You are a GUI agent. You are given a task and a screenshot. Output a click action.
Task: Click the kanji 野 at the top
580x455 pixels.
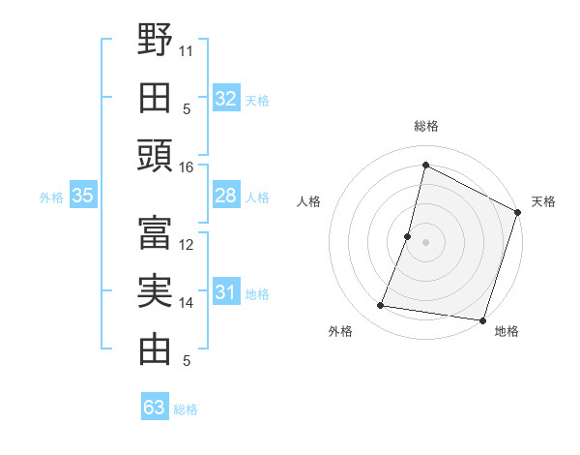tap(155, 41)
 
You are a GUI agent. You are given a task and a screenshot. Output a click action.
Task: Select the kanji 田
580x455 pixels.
tap(155, 98)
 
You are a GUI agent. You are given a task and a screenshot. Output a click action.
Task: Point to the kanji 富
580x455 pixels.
tap(155, 232)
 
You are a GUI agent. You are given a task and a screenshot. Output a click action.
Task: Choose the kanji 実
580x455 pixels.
tap(155, 291)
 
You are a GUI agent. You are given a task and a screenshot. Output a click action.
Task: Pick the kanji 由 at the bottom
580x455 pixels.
tap(155, 349)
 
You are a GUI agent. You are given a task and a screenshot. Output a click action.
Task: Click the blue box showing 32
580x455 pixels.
tap(225, 98)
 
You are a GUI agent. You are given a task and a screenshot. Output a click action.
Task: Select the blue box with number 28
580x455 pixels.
tap(225, 196)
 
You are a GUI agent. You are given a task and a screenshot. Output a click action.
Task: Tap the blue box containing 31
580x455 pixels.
tap(225, 292)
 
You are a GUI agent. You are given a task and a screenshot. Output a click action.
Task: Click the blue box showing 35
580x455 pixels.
tap(82, 196)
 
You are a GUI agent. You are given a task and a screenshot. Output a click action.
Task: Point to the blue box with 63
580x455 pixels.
tap(155, 408)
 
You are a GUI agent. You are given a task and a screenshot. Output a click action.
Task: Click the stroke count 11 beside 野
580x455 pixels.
tap(187, 49)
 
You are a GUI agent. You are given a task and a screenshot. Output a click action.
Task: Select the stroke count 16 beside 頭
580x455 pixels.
tap(187, 167)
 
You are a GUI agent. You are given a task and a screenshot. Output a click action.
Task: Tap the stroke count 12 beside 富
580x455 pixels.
tap(187, 244)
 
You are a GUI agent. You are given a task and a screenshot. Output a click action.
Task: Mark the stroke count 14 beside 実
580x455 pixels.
tap(187, 303)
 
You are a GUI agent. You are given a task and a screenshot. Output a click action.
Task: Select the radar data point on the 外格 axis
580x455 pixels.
tap(381, 306)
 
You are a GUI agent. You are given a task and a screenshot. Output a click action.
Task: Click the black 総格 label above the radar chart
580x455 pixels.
tap(425, 126)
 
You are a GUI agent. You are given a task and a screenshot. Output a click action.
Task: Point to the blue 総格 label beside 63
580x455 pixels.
tap(186, 409)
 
